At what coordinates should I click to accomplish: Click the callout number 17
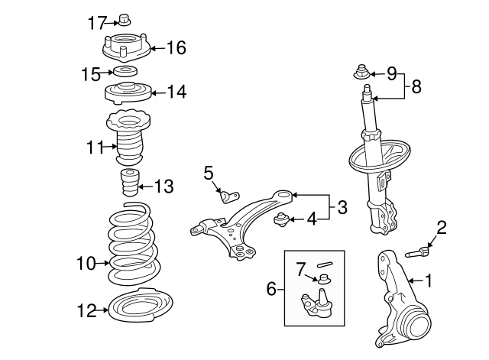[x=96, y=23]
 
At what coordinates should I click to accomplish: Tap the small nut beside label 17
[x=125, y=19]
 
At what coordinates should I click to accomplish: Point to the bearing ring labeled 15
[x=125, y=73]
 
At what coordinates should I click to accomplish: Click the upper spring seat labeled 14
[x=125, y=96]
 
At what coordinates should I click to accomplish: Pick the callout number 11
[x=94, y=147]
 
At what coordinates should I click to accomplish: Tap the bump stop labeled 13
[x=129, y=186]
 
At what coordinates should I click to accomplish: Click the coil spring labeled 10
[x=132, y=242]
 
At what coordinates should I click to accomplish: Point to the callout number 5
[x=209, y=174]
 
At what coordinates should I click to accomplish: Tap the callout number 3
[x=342, y=206]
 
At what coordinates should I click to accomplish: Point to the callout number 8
[x=416, y=86]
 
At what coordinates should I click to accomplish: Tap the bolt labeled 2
[x=420, y=250]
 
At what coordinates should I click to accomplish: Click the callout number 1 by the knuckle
[x=429, y=281]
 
